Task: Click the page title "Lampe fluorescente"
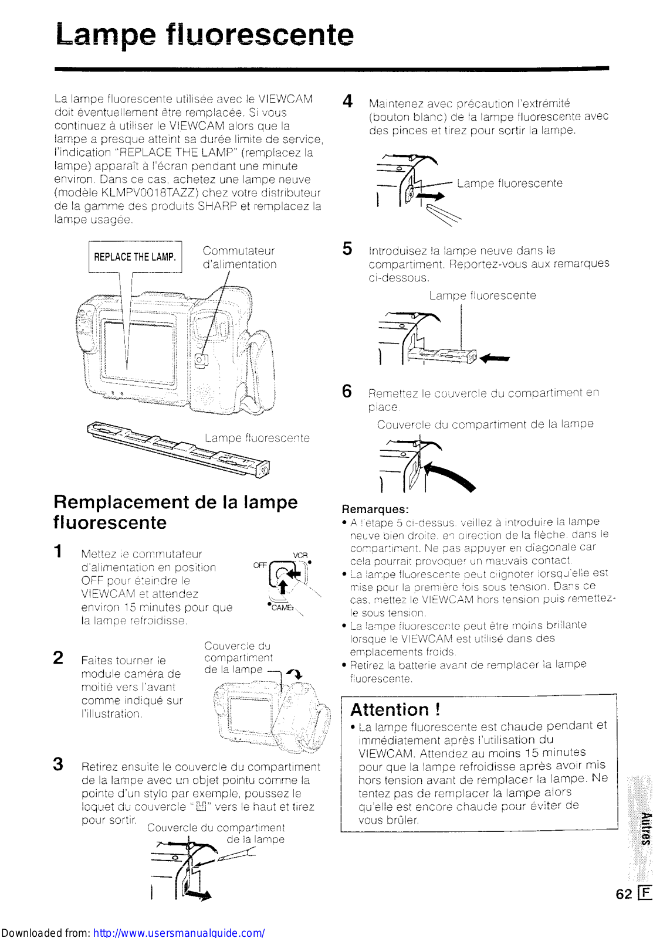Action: (205, 35)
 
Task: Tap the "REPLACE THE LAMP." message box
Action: (135, 257)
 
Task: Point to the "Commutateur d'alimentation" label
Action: (239, 257)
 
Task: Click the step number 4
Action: (347, 101)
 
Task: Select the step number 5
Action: (347, 249)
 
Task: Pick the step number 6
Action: (347, 391)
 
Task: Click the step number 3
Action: (58, 764)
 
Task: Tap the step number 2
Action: (58, 657)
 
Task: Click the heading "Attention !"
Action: (395, 710)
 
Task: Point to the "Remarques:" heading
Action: (375, 509)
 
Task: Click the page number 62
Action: (624, 893)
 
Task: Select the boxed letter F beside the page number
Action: (645, 893)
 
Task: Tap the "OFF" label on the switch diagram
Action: (259, 565)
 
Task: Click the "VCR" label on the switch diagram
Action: (300, 555)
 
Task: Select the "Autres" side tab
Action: (645, 828)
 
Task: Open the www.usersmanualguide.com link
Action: (179, 932)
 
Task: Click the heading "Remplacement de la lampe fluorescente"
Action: (175, 512)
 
